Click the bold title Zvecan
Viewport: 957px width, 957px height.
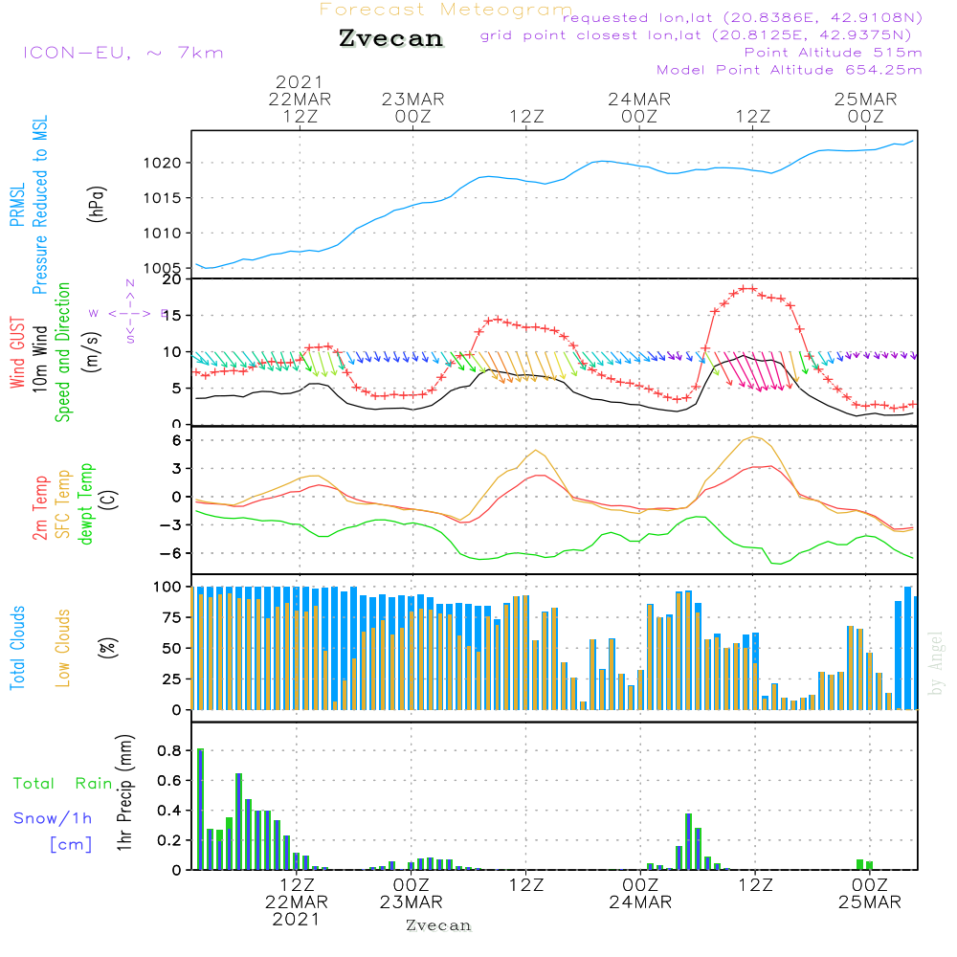point(390,39)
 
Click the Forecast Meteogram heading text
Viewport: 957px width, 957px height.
point(445,11)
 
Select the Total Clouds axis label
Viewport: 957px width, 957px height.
point(17,648)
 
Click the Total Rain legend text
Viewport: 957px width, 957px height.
point(62,784)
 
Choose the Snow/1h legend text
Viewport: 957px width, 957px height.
point(54,818)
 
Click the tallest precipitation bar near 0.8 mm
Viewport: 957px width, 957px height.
point(200,809)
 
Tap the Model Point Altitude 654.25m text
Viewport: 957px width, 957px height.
point(789,70)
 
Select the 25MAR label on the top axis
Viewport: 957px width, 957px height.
point(865,100)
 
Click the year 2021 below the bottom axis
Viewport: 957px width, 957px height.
point(296,920)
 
